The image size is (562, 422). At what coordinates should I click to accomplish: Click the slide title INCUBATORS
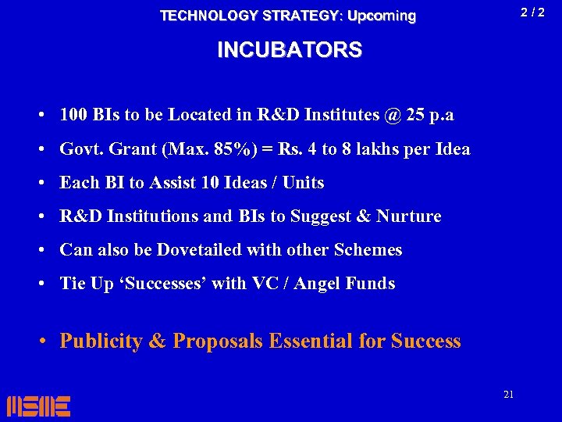[289, 50]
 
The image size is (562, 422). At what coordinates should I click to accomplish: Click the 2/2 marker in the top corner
[532, 13]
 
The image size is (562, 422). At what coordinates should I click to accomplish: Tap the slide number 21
[508, 395]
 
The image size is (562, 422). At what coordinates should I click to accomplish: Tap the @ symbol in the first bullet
[393, 115]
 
